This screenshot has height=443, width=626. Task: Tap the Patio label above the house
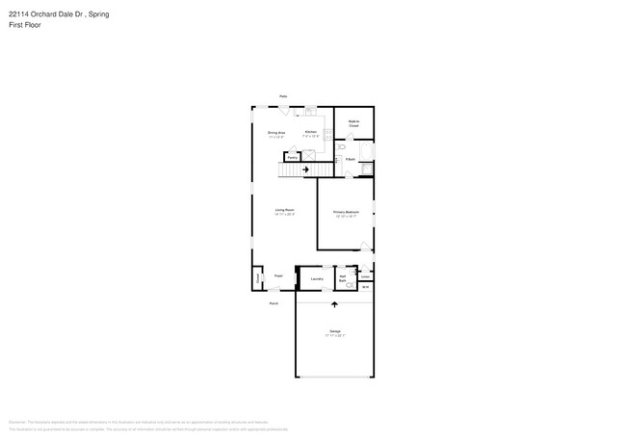tap(283, 96)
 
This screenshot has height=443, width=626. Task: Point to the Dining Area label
tap(275, 133)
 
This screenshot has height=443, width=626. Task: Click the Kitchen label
tap(310, 133)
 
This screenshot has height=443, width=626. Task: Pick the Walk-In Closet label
tap(353, 123)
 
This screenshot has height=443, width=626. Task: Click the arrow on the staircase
tap(306, 169)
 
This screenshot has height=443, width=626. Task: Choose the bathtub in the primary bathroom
tap(366, 168)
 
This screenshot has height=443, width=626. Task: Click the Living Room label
tap(284, 210)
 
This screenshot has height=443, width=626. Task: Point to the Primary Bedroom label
tap(346, 213)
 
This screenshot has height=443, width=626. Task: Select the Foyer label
tap(278, 276)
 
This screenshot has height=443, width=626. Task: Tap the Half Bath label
tap(343, 277)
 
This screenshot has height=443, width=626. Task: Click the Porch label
tap(274, 302)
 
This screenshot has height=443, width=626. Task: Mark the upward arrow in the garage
tap(334, 304)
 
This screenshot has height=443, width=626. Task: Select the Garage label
tap(334, 332)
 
